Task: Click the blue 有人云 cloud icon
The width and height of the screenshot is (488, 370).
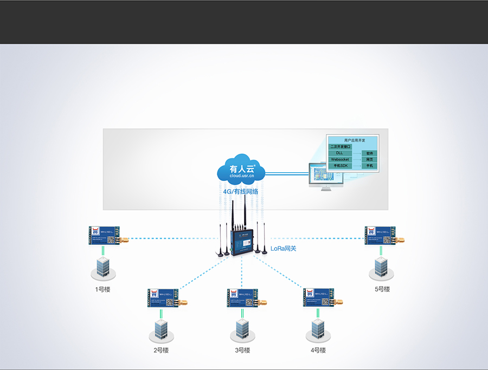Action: pyautogui.click(x=241, y=170)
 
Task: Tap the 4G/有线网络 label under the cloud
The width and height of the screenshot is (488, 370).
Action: pyautogui.click(x=240, y=191)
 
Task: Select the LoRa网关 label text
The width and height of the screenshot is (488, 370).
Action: pyautogui.click(x=284, y=249)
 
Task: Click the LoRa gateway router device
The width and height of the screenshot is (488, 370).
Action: pyautogui.click(x=240, y=241)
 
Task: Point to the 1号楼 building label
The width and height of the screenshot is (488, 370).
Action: pyautogui.click(x=102, y=289)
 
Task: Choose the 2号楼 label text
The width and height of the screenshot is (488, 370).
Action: pyautogui.click(x=161, y=350)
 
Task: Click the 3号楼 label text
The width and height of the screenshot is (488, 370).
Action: pyautogui.click(x=242, y=350)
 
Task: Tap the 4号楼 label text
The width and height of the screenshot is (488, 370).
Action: pyautogui.click(x=318, y=350)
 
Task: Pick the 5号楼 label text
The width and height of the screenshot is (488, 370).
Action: pyautogui.click(x=382, y=289)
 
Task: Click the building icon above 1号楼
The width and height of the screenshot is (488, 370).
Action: pyautogui.click(x=102, y=268)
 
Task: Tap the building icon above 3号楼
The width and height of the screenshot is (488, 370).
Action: pyautogui.click(x=242, y=329)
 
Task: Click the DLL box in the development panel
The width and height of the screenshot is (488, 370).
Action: pyautogui.click(x=339, y=153)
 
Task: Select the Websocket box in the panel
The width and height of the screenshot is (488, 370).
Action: pyautogui.click(x=340, y=160)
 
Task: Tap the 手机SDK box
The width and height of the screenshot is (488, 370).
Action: pyautogui.click(x=340, y=166)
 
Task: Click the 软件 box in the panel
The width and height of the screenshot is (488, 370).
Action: pyautogui.click(x=370, y=153)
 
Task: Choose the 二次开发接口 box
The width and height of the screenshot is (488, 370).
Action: pyautogui.click(x=341, y=147)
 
